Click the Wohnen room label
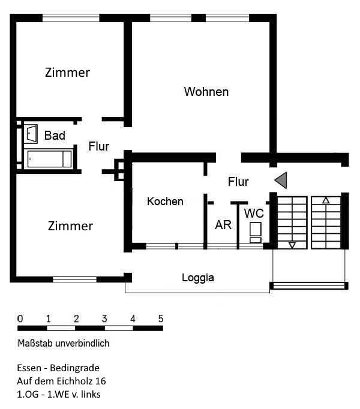(x=206, y=92)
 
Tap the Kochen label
(x=165, y=202)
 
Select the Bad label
(x=55, y=136)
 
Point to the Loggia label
(x=198, y=278)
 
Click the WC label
(x=254, y=213)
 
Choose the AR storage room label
(x=223, y=225)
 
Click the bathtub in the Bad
(x=49, y=159)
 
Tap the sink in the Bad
(x=31, y=134)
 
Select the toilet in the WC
(x=256, y=230)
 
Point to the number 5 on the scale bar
(x=160, y=318)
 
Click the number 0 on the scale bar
(x=20, y=318)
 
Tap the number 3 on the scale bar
(x=104, y=318)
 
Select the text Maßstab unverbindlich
(x=64, y=344)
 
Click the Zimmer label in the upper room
(x=67, y=73)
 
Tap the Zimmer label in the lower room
(x=70, y=226)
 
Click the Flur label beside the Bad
(x=99, y=146)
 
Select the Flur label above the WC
(x=238, y=182)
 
